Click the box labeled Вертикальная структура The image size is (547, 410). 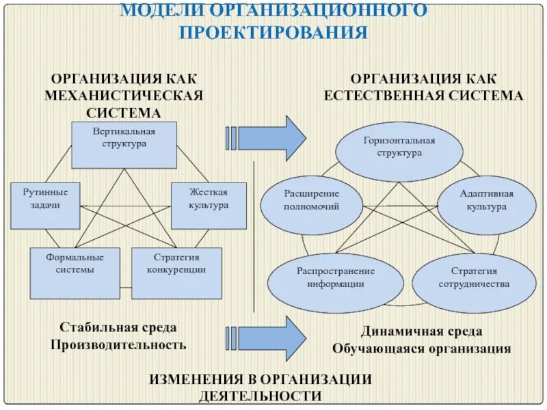[124, 145]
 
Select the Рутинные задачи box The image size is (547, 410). [45, 206]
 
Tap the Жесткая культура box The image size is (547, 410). [209, 206]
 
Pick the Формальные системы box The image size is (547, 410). [75, 272]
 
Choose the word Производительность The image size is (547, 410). [118, 344]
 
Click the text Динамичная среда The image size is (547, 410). [421, 331]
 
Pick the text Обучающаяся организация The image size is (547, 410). [421, 348]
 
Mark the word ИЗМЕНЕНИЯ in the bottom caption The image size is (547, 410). [198, 379]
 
